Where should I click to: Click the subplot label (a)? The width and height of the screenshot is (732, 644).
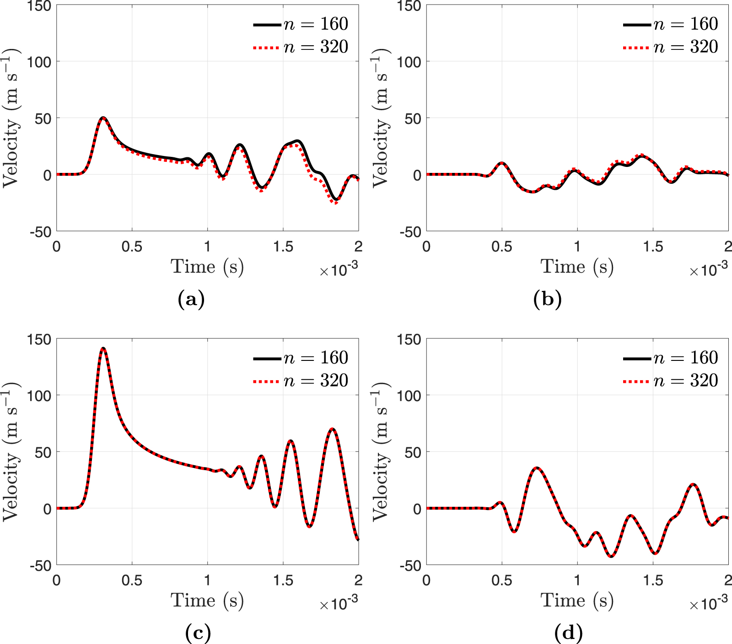pyautogui.click(x=191, y=300)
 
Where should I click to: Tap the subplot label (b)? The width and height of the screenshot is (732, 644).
pyautogui.click(x=547, y=300)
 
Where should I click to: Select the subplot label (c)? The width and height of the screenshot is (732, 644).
pyautogui.click(x=198, y=633)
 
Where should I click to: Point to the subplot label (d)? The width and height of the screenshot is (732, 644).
pyautogui.click(x=568, y=633)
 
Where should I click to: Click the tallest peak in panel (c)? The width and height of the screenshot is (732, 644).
pyautogui.click(x=103, y=349)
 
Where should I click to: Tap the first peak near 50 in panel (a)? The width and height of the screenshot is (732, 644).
pyautogui.click(x=103, y=118)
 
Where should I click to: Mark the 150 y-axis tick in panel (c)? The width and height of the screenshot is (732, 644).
pyautogui.click(x=40, y=339)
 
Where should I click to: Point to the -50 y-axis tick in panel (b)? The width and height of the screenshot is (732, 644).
pyautogui.click(x=410, y=232)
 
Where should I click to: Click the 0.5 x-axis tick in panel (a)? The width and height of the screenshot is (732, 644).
pyautogui.click(x=132, y=247)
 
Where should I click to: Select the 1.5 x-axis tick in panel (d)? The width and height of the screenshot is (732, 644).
pyautogui.click(x=653, y=580)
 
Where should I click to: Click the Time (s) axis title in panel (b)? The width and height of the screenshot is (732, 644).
pyautogui.click(x=577, y=267)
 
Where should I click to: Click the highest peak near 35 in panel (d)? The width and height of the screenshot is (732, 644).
pyautogui.click(x=537, y=468)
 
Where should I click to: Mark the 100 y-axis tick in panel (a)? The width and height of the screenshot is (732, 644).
pyautogui.click(x=39, y=62)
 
